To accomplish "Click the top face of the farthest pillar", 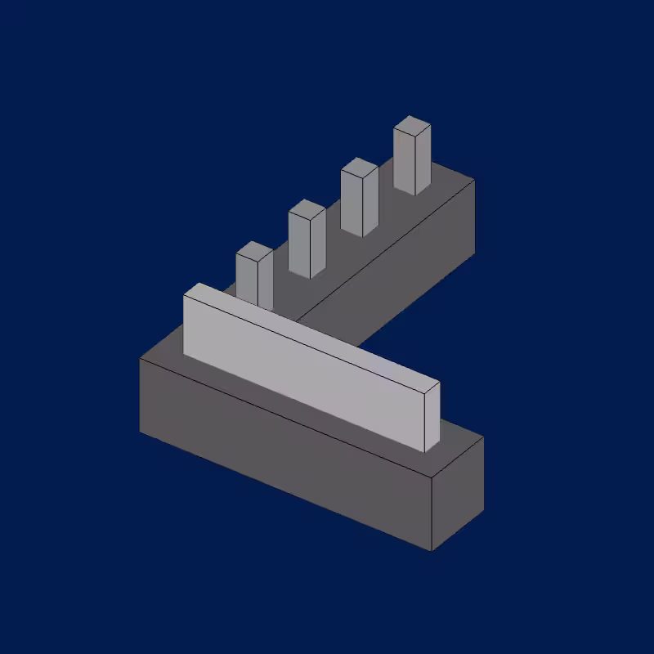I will pos(412,126).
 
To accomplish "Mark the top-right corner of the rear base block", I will pos(474,180).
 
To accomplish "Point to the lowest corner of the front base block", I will pos(432,550).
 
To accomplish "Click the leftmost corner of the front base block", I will pos(140,358).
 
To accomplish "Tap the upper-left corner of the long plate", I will pos(184,297).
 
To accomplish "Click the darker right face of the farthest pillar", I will pos(423,159).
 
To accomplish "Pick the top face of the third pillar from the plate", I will pos(359,166).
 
